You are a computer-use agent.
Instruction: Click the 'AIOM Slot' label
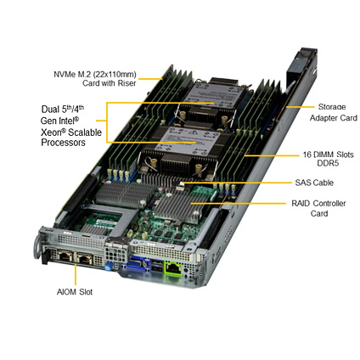(75, 292)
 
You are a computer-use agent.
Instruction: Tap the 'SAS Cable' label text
(314, 183)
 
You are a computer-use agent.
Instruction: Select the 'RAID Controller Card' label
(318, 208)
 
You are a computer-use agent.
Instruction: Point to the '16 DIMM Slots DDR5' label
(328, 159)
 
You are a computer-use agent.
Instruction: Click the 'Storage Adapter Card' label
(334, 112)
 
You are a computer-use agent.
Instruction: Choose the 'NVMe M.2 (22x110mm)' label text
(95, 75)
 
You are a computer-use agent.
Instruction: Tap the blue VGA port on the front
(138, 266)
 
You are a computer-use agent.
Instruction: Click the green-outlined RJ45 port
(173, 268)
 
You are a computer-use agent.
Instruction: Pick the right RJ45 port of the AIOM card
(84, 259)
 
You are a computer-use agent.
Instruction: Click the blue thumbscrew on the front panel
(108, 267)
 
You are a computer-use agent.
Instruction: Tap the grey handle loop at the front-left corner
(37, 248)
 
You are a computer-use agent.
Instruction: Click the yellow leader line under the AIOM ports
(76, 274)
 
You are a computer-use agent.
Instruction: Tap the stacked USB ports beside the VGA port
(157, 266)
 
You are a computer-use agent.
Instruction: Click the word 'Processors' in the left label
(63, 143)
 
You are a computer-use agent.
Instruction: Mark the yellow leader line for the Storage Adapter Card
(300, 107)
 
